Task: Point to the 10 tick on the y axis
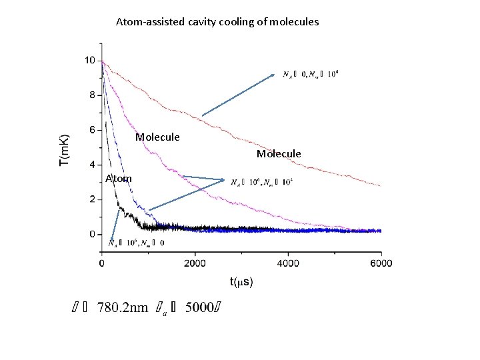[x=89, y=61]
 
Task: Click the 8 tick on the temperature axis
[x=92, y=95]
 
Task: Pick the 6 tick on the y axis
[x=92, y=130]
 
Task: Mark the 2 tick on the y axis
[x=92, y=199]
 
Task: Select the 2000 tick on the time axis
[x=195, y=263]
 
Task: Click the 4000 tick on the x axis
[x=288, y=263]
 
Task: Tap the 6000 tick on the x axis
[x=381, y=263]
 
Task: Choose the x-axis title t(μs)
[x=241, y=282]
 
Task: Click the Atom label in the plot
[x=119, y=178]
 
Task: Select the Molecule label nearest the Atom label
[x=157, y=137]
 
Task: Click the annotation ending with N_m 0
[x=136, y=243]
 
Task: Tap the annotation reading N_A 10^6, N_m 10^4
[x=261, y=182]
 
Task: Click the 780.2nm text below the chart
[x=123, y=308]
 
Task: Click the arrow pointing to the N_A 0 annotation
[x=238, y=95]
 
